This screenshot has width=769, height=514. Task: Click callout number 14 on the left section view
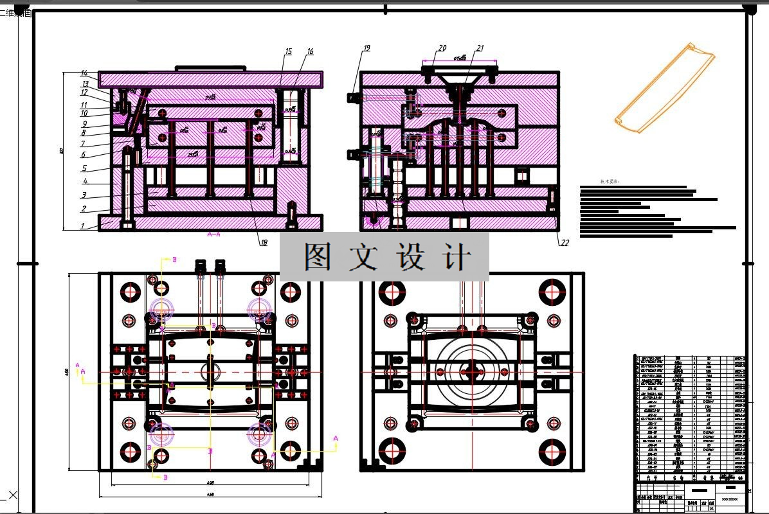coord(84,73)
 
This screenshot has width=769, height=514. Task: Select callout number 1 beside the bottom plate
coord(82,226)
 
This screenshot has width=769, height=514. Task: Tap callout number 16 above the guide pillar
coord(310,51)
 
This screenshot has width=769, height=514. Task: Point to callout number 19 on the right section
coord(366,48)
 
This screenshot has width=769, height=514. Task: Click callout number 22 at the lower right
coord(565,243)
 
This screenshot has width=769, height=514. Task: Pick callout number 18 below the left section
coord(264,243)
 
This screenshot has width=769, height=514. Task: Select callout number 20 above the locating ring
coord(442,48)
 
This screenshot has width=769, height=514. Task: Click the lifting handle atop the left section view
coord(211,67)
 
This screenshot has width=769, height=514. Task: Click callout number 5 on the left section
coord(84,169)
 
